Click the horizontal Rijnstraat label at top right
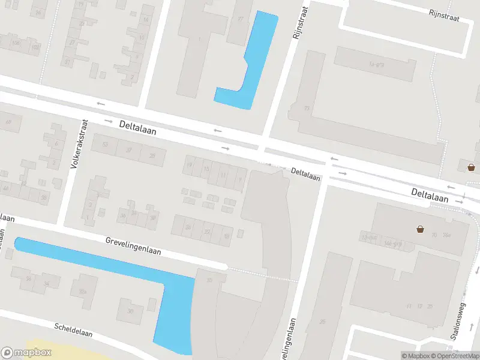[444, 15]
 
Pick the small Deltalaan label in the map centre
[306, 174]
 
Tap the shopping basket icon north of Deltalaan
[472, 166]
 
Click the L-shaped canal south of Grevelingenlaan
[168, 294]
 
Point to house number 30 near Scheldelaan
[130, 311]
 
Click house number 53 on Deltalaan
[106, 145]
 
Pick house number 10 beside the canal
[209, 280]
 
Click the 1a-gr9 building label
[377, 64]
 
